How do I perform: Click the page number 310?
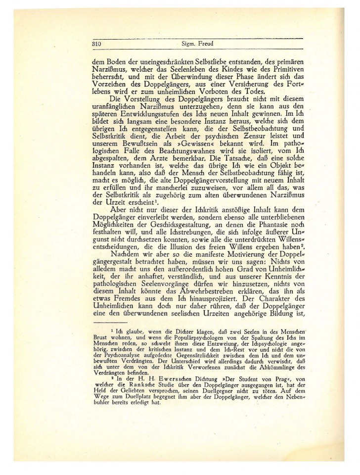(x=96, y=44)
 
